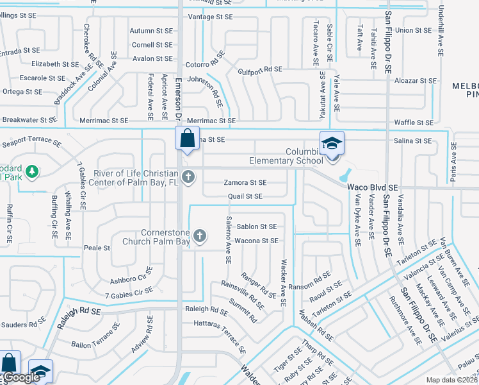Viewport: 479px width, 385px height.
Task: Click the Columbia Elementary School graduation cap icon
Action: click(x=332, y=142)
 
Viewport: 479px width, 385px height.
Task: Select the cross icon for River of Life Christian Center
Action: click(x=188, y=176)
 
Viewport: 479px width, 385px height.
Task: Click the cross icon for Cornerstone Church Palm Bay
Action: click(x=200, y=237)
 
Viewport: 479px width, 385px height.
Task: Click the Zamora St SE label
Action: click(x=245, y=183)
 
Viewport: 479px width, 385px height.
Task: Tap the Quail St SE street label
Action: click(x=245, y=196)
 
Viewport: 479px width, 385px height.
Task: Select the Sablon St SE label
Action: click(x=257, y=227)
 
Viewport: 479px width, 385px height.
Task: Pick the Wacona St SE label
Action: click(x=257, y=241)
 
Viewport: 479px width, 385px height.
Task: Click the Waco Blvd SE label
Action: click(x=373, y=187)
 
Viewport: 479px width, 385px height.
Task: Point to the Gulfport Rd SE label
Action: click(x=259, y=69)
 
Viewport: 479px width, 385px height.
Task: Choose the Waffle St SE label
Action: click(x=414, y=123)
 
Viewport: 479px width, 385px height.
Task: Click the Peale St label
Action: click(x=97, y=248)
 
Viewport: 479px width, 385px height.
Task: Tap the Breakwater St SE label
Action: click(x=29, y=120)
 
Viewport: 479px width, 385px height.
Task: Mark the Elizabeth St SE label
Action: click(x=54, y=64)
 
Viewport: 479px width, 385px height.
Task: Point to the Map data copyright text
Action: click(x=451, y=380)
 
